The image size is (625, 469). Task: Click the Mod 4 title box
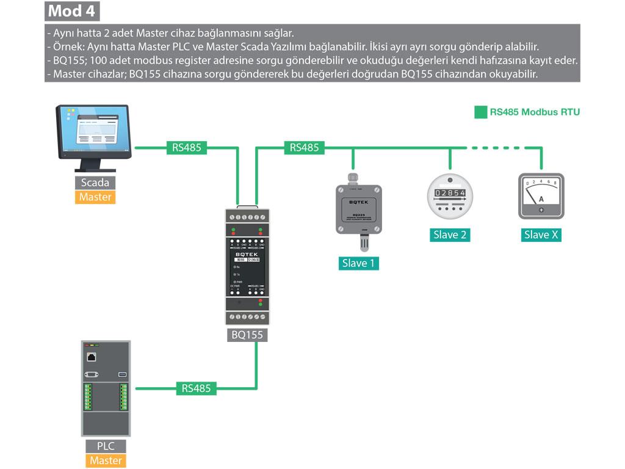pos(73,11)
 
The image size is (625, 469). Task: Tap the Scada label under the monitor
pos(95,182)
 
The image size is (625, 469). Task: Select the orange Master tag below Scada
pos(95,197)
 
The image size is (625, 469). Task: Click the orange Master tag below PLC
pos(106,460)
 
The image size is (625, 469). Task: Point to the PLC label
pos(106,446)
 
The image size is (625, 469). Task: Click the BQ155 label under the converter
pos(247,335)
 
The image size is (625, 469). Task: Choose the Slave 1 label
pos(358,263)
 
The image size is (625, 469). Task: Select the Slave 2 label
pos(450,235)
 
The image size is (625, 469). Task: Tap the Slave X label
pos(541,235)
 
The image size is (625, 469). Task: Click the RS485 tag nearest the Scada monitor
pos(186,147)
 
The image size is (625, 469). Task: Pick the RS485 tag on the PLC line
pos(196,388)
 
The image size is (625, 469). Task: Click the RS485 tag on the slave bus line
pos(304,147)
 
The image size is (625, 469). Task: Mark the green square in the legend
pos(480,112)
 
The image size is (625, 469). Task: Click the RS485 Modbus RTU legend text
pos(535,112)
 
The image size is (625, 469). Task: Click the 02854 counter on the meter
pos(450,193)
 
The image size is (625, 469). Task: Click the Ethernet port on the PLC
pos(92,357)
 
